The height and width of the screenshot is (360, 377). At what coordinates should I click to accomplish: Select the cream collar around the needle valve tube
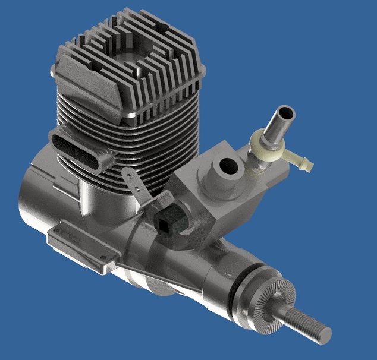tap(264, 142)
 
